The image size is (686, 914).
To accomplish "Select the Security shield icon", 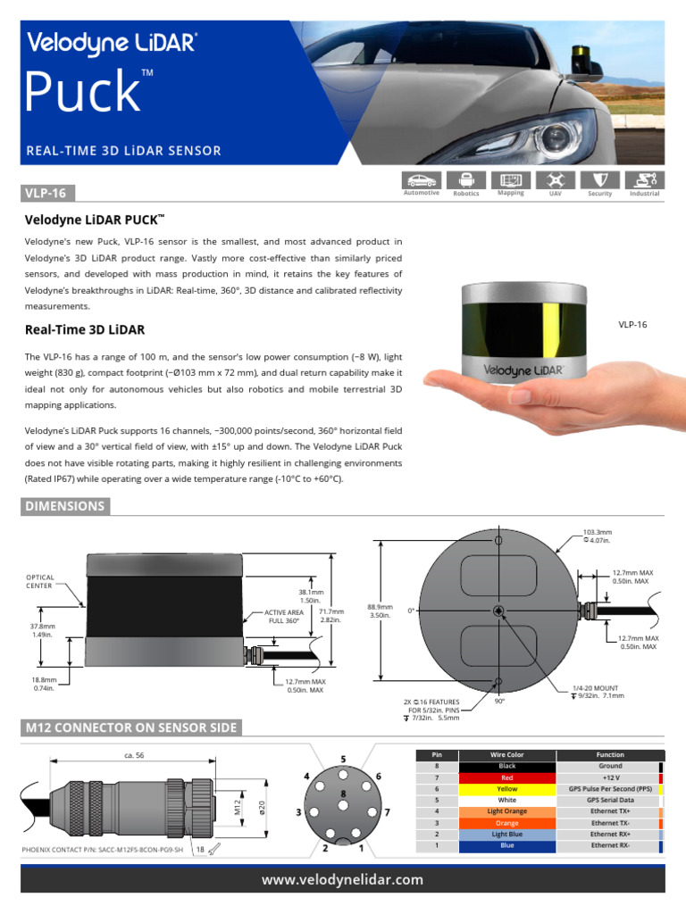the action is point(599,179).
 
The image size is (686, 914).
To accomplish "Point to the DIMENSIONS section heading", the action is point(65,506).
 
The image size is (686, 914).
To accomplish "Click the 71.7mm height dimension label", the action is point(331,616).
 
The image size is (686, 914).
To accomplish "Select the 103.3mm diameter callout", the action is point(597,536).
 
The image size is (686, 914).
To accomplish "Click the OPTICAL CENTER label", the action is point(40,581).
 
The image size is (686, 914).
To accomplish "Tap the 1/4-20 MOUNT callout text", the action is point(596,692).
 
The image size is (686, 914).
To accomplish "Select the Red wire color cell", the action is point(506,777).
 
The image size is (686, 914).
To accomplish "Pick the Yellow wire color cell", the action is point(506,789).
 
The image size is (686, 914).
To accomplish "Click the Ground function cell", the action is point(610,766).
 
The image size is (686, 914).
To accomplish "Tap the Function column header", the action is point(610,754).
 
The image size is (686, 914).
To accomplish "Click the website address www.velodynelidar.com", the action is point(342,880).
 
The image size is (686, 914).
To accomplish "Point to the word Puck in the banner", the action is point(82,92).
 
